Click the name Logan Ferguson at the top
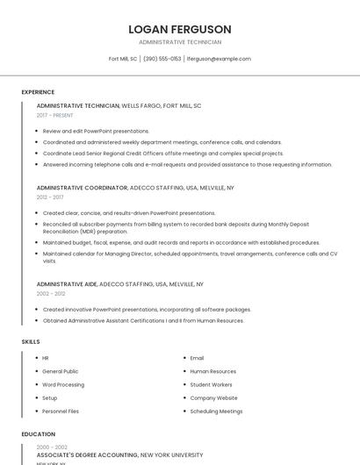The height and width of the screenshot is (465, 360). pyautogui.click(x=179, y=29)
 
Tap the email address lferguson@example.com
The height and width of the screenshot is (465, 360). pyautogui.click(x=219, y=59)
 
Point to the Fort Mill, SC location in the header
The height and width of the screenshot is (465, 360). pyautogui.click(x=123, y=59)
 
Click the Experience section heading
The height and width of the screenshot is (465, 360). pyautogui.click(x=38, y=92)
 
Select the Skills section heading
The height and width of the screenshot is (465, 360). pyautogui.click(x=31, y=341)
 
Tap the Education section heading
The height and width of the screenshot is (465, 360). pyautogui.click(x=38, y=434)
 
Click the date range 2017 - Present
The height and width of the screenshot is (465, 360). pyautogui.click(x=54, y=115)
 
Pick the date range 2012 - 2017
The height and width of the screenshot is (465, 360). pyautogui.click(x=50, y=197)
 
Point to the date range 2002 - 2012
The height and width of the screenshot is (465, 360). pyautogui.click(x=50, y=294)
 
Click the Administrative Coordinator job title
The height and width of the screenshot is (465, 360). pyautogui.click(x=83, y=188)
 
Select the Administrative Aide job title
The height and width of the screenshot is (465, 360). pyautogui.click(x=67, y=284)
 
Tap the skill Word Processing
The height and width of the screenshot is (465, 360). pyautogui.click(x=63, y=384)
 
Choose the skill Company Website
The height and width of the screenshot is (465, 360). pyautogui.click(x=213, y=397)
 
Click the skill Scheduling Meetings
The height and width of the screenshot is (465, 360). pyautogui.click(x=216, y=411)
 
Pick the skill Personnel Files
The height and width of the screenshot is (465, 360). pyautogui.click(x=61, y=411)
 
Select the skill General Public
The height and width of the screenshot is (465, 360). pyautogui.click(x=60, y=371)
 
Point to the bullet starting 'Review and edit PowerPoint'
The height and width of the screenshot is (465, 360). pyautogui.click(x=96, y=131)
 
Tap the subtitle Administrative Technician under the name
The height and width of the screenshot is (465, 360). pyautogui.click(x=179, y=42)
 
